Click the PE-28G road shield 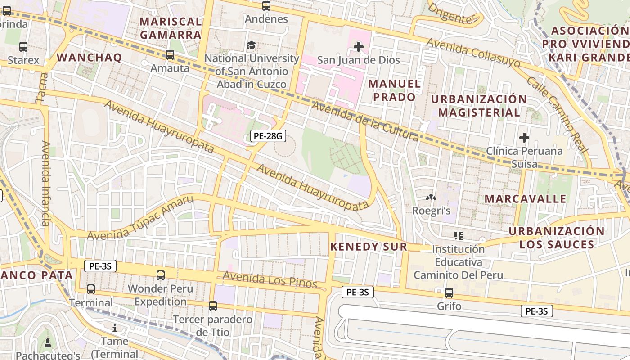click(268, 135)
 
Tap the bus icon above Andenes click(266, 6)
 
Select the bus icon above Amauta click(170, 55)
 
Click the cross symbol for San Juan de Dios click(359, 46)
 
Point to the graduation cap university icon click(251, 45)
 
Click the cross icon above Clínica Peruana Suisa click(524, 137)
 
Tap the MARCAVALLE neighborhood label click(525, 199)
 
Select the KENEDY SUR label click(369, 247)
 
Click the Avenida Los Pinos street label click(270, 280)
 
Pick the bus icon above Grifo click(449, 293)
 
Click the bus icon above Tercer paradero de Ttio click(213, 306)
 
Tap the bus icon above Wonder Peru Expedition click(160, 275)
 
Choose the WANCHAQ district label click(89, 58)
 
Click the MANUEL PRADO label click(395, 90)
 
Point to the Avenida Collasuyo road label click(473, 53)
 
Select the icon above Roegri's click(431, 198)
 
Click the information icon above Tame click(114, 328)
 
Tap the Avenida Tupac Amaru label click(140, 218)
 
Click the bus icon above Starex click(23, 46)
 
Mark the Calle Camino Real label click(557, 114)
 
